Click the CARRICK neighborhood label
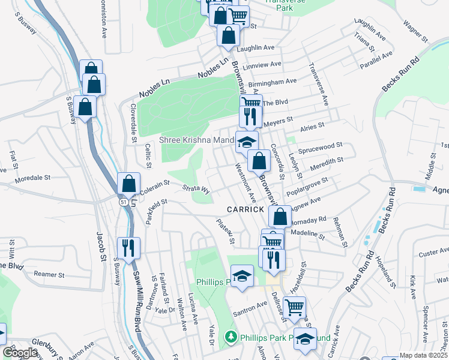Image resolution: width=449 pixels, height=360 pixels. pos(245,209)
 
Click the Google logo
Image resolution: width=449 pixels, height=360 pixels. pos(20,353)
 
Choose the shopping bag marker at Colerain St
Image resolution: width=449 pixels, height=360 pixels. pos(128,183)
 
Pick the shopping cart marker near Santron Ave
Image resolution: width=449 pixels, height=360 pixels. pos(294,307)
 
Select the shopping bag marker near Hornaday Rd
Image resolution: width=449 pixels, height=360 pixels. pos(280,216)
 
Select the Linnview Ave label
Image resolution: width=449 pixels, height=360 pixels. pos(262,64)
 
